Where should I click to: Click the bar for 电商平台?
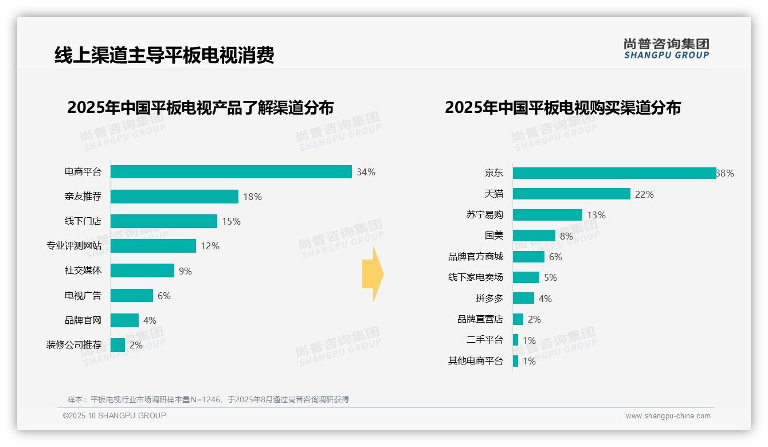coord(231,172)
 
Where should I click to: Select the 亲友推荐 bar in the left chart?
coord(174,197)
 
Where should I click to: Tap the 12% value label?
coord(210,246)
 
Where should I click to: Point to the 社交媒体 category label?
coord(83,270)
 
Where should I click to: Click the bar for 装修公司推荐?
coord(117,345)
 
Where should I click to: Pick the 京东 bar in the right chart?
coord(614,173)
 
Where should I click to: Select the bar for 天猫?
coord(571,194)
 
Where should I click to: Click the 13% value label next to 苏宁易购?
coord(596,215)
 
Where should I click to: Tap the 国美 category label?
coord(493,236)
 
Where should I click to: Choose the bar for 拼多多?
coord(523,298)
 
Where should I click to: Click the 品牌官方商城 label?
coord(476,257)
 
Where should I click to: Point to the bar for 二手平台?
coord(515,340)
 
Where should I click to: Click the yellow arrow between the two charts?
coord(373,275)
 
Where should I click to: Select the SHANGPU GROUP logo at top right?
coord(666,49)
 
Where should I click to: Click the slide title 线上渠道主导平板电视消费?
coord(164,55)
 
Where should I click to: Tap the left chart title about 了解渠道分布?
coord(200,108)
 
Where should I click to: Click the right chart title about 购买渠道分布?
coord(563,108)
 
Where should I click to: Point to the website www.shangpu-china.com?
coord(668,416)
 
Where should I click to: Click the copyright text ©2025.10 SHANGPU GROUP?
coord(115,415)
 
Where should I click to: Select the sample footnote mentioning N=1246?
coord(209,399)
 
